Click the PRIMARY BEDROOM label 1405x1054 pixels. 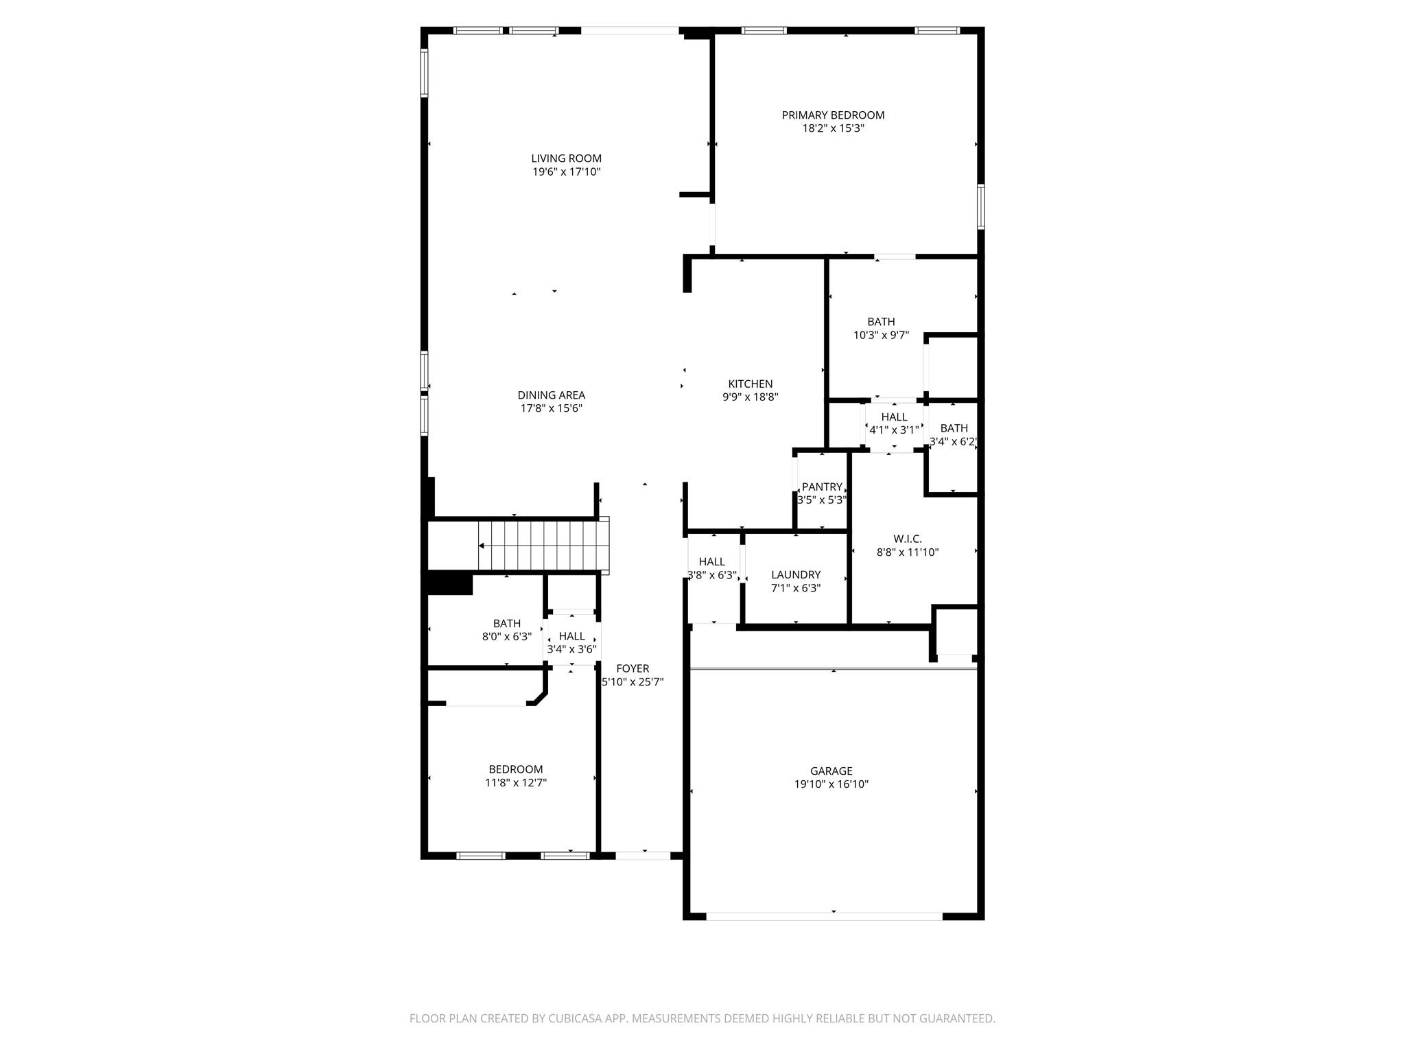click(833, 115)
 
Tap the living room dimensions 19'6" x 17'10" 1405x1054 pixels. click(566, 172)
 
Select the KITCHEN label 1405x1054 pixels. click(750, 384)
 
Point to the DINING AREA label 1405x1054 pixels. click(551, 395)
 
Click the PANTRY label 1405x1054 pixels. click(822, 487)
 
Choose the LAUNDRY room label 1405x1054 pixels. click(795, 575)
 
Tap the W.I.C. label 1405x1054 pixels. click(907, 539)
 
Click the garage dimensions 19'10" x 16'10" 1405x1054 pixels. click(831, 784)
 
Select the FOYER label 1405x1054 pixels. click(632, 668)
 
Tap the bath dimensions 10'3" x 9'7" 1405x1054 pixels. click(881, 336)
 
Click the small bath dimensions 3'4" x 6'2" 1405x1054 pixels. click(953, 442)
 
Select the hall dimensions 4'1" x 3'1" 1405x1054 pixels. click(894, 430)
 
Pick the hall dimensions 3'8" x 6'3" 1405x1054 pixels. click(712, 575)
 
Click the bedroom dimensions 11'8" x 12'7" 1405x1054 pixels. click(515, 783)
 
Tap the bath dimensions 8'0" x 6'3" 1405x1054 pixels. click(506, 637)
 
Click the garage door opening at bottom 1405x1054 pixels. click(823, 916)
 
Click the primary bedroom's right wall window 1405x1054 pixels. click(981, 207)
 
